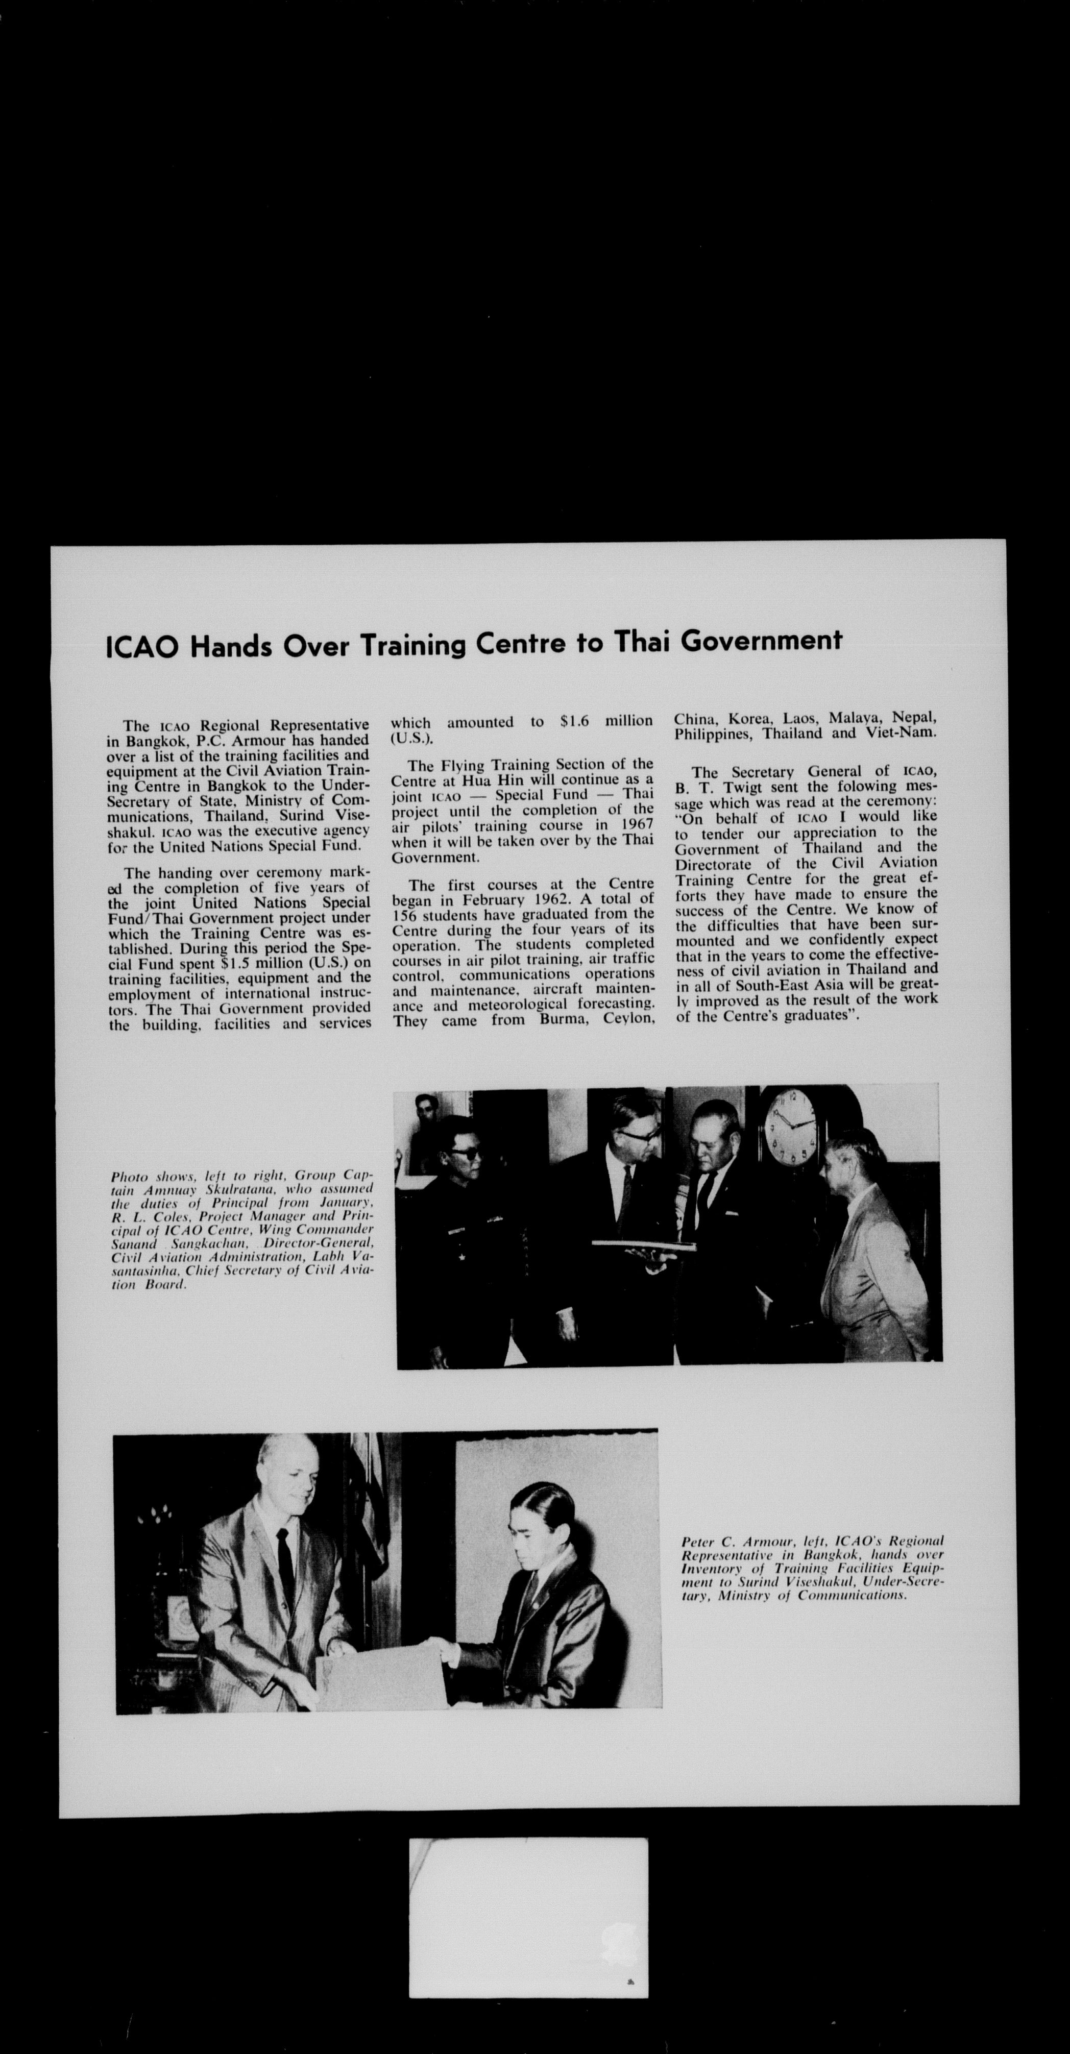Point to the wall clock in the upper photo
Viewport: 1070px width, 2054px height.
(790, 1126)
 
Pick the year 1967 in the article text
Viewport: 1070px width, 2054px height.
(636, 825)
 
